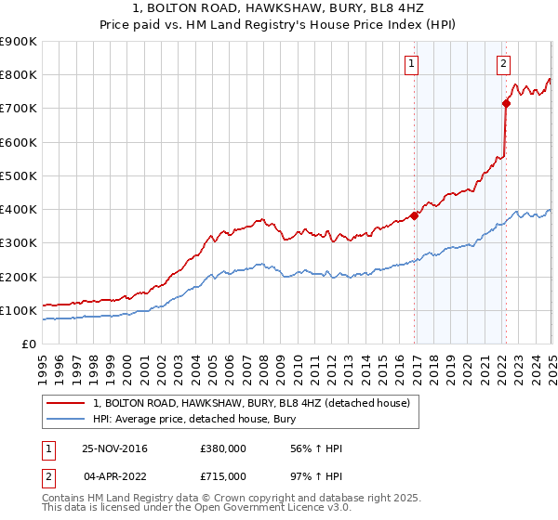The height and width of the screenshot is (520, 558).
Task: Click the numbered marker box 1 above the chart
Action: click(411, 64)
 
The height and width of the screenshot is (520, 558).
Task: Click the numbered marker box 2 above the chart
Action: click(502, 64)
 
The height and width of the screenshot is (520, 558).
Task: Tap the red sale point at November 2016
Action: click(415, 215)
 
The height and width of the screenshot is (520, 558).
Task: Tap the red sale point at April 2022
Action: click(506, 103)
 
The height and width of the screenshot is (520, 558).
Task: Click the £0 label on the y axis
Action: click(28, 344)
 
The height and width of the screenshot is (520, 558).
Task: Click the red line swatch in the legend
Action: click(66, 403)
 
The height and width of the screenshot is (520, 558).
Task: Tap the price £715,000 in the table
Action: click(224, 475)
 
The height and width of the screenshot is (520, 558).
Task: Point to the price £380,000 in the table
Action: click(224, 449)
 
